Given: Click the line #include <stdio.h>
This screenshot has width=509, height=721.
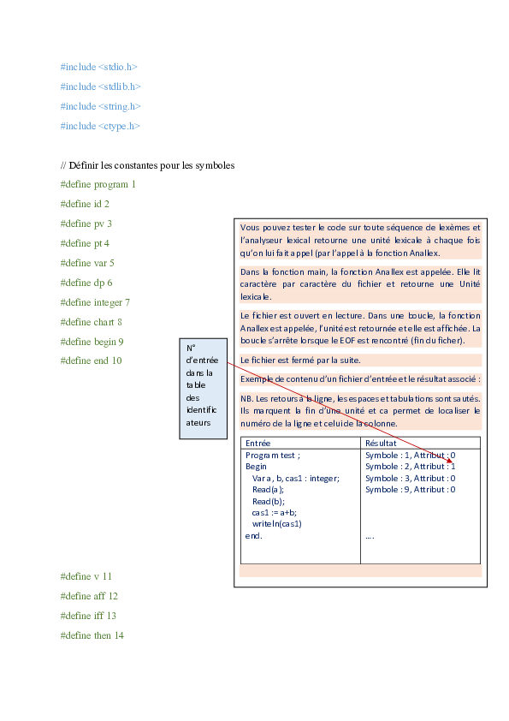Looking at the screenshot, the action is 98,66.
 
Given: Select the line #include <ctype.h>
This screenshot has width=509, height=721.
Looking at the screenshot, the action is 100,126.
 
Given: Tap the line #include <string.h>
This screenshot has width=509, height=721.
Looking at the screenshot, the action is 100,106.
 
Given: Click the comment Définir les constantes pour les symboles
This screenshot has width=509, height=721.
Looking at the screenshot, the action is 147,164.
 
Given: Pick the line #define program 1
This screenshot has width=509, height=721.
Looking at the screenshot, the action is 98,184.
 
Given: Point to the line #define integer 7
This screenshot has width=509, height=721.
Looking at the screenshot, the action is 95,302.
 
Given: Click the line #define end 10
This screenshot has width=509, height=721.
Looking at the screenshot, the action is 91,360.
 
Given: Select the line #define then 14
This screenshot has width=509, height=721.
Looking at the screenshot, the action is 92,635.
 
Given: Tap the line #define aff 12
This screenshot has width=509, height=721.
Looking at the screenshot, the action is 89,596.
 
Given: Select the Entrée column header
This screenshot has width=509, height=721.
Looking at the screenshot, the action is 258,444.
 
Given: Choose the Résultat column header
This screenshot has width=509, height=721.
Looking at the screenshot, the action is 381,444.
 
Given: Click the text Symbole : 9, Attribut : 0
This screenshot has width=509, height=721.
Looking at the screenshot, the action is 410,490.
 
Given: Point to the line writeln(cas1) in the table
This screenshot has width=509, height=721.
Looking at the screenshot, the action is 277,523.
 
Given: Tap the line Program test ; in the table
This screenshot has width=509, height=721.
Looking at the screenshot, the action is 273,456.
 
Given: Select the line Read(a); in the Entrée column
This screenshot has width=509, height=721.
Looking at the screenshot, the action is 268,490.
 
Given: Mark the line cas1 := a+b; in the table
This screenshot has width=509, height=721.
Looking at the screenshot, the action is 275,512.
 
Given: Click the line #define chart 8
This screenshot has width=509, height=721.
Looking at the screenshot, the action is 92,322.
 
